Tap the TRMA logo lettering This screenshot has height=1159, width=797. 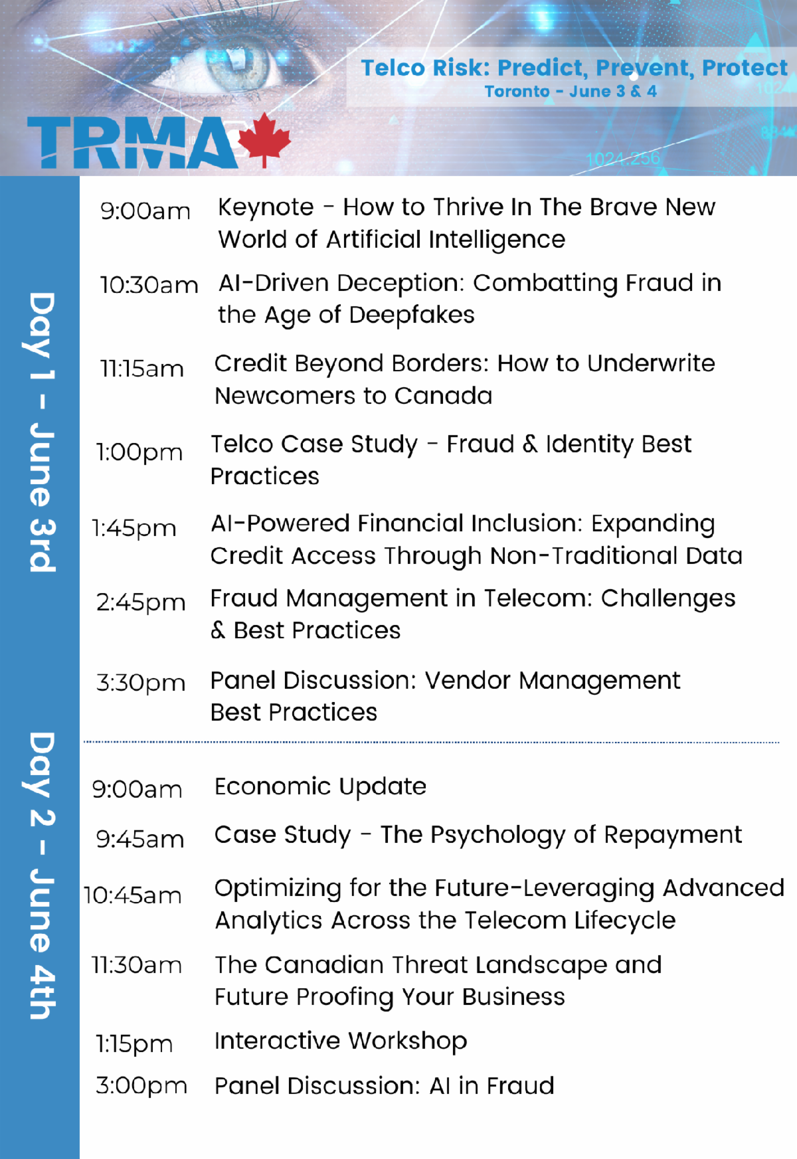(x=132, y=142)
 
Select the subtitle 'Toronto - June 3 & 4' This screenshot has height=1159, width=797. (x=571, y=92)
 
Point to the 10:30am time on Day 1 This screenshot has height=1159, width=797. (x=149, y=285)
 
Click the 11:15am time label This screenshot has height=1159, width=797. (x=141, y=369)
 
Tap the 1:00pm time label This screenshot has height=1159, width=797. (x=139, y=452)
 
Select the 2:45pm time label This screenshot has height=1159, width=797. (x=141, y=602)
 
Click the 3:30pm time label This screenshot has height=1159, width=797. (x=141, y=683)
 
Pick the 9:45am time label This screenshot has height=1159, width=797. (x=140, y=839)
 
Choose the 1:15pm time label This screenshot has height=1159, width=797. (x=134, y=1044)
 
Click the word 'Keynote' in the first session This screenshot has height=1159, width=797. (x=266, y=207)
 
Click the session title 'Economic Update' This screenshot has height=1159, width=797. (x=320, y=786)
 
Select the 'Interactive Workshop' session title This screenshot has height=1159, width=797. (x=341, y=1041)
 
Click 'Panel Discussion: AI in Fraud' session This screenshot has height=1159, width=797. (x=384, y=1086)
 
